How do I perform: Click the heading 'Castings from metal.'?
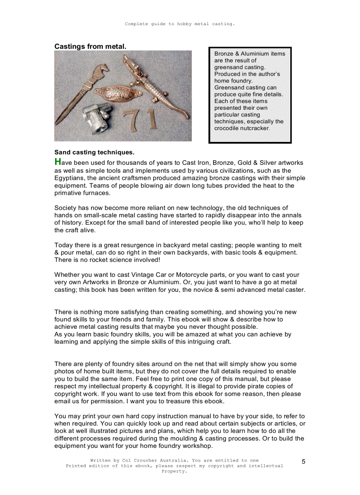coord(90,46)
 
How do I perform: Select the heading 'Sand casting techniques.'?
coord(94,153)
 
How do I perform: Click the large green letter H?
coord(57,162)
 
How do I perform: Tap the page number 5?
coord(304,462)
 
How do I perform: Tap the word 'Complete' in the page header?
coord(136,24)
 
